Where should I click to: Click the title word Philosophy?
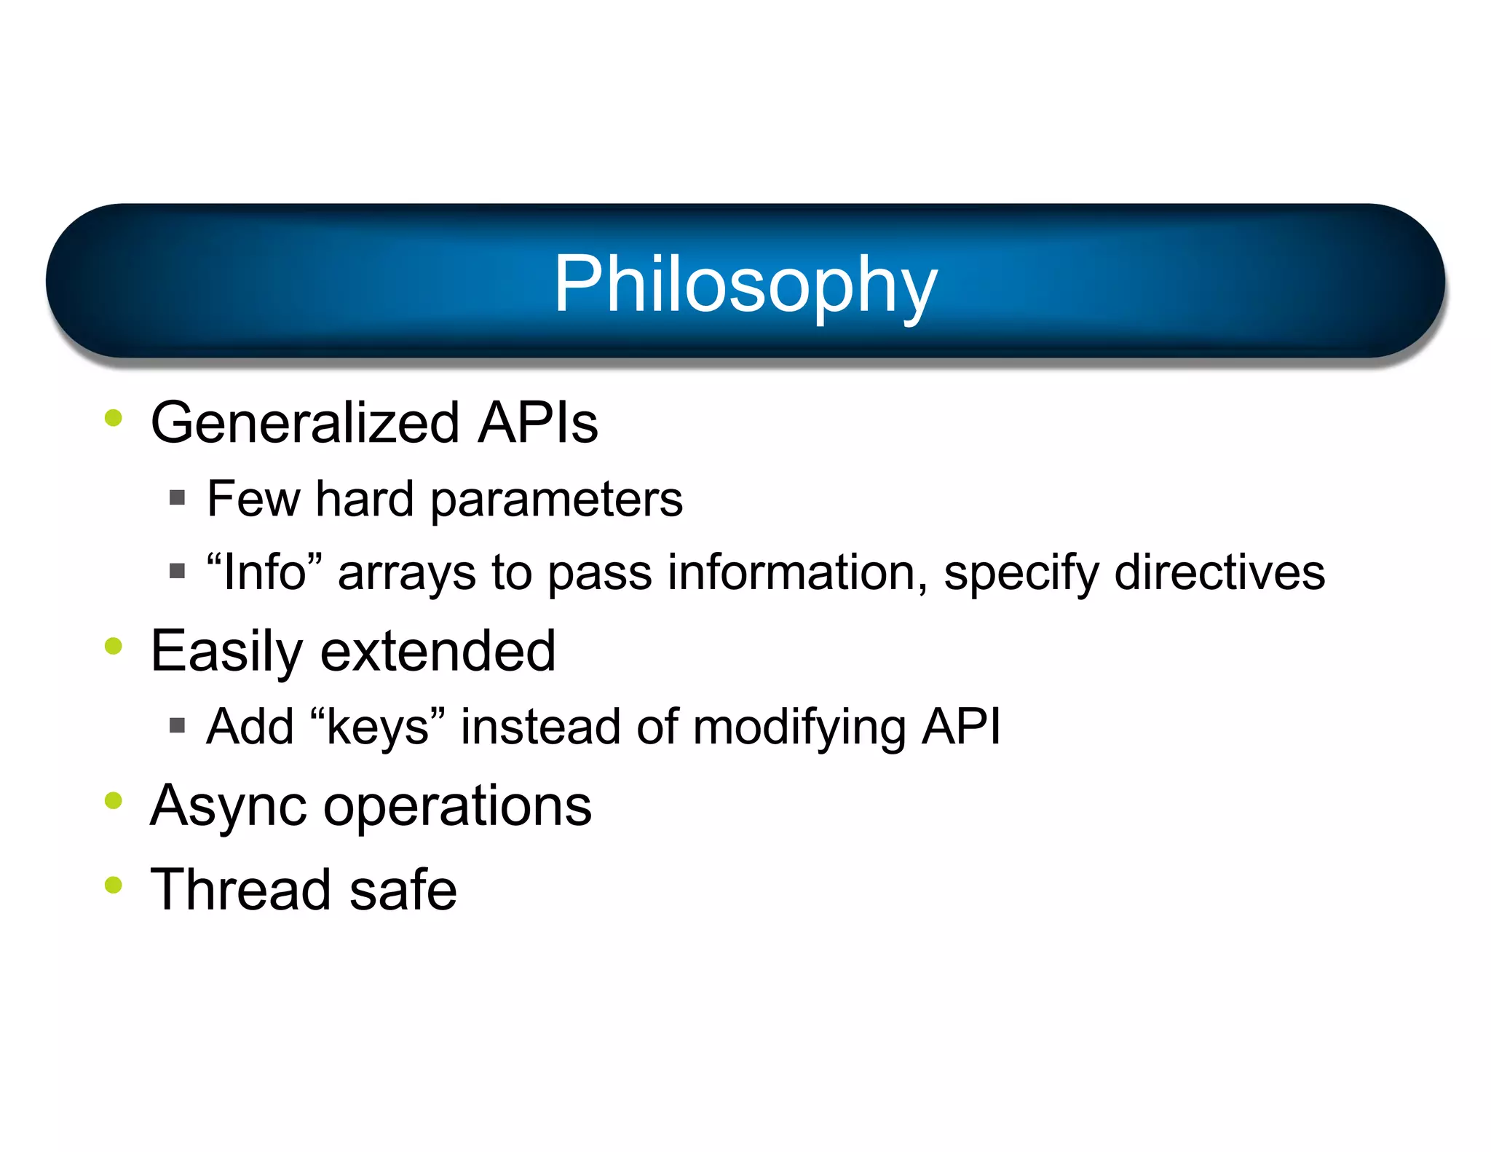[745, 285]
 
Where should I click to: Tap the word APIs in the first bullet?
[537, 423]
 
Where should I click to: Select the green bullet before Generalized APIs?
[113, 418]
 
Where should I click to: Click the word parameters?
[556, 501]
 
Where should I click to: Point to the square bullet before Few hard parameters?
[177, 498]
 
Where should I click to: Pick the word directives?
[1219, 572]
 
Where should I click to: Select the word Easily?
[226, 652]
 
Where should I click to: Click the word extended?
[438, 651]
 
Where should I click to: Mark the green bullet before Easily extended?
[113, 646]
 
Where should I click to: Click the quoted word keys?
[377, 727]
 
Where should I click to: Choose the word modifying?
[799, 727]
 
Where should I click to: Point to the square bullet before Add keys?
[177, 725]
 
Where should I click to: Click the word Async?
[228, 807]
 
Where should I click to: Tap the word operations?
[457, 807]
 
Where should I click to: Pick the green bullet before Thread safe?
[113, 885]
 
